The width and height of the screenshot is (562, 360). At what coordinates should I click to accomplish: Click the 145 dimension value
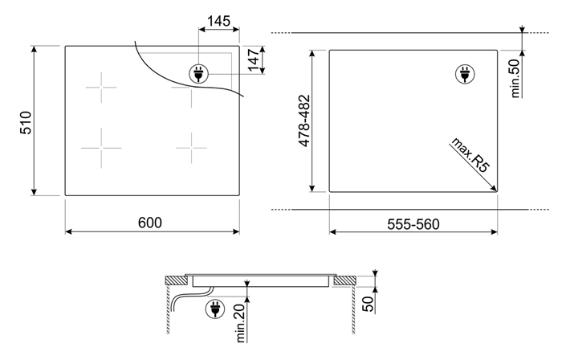tap(218, 21)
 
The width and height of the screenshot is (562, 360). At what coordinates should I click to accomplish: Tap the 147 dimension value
tap(254, 60)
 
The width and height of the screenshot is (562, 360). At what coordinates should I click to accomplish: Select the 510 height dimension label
tap(26, 123)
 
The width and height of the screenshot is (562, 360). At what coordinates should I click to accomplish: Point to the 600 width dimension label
tap(150, 223)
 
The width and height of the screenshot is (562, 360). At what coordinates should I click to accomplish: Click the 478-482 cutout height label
tap(304, 121)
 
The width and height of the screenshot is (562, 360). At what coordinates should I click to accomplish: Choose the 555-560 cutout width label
tap(413, 224)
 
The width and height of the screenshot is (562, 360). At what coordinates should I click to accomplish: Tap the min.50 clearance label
tap(515, 78)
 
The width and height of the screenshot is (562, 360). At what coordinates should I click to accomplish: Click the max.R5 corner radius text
tap(470, 155)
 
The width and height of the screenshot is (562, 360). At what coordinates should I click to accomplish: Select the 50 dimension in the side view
tap(368, 304)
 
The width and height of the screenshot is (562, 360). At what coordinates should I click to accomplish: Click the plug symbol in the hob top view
tap(198, 74)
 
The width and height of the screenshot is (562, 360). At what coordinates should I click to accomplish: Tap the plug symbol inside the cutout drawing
tap(465, 75)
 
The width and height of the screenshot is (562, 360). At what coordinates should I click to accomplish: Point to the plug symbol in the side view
tap(215, 309)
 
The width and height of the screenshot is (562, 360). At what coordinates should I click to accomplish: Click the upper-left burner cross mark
tap(101, 87)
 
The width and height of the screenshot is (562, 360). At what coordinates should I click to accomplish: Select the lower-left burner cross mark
tap(101, 148)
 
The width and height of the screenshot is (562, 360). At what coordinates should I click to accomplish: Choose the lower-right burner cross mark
tap(191, 148)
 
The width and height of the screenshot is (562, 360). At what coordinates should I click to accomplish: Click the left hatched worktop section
tap(177, 280)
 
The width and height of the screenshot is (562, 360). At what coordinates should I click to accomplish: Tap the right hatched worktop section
tap(344, 280)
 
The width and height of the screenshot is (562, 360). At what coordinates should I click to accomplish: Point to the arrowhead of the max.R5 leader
tap(495, 189)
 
